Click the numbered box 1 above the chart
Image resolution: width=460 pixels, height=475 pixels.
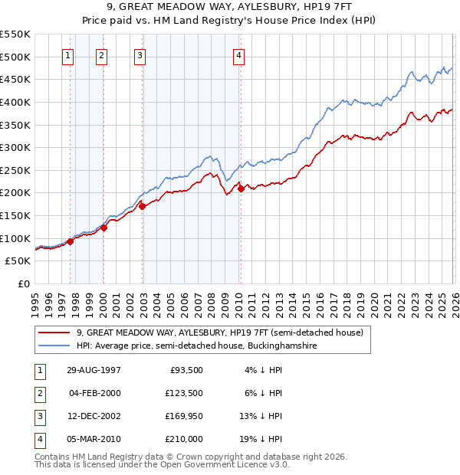(x=68, y=55)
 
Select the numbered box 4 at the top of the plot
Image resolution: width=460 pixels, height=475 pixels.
(x=239, y=55)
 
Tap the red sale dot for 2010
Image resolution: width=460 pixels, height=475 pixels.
(x=240, y=188)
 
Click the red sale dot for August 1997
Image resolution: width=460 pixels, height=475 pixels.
(x=71, y=241)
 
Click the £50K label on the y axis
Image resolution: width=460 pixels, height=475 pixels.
(x=18, y=261)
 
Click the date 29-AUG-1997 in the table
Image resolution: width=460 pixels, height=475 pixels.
(x=94, y=370)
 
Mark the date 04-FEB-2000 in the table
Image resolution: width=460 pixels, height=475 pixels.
(x=94, y=393)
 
